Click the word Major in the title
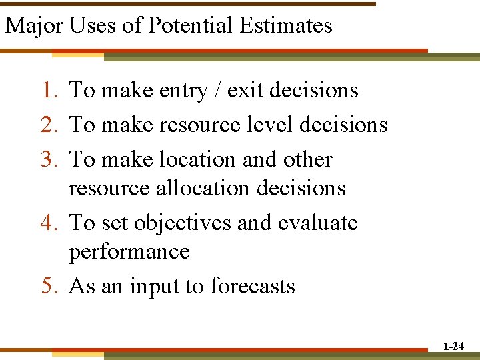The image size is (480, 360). [x=33, y=26]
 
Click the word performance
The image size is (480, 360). [x=129, y=252]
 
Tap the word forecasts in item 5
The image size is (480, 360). [x=253, y=286]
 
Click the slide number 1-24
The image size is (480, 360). [x=453, y=346]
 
